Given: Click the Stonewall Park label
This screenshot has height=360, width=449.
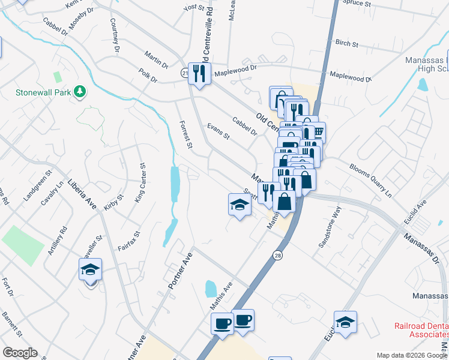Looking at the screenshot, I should pyautogui.click(x=43, y=93).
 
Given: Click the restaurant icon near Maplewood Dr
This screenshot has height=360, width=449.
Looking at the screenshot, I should pyautogui.click(x=198, y=74).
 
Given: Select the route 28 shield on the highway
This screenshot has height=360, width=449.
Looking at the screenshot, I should pyautogui.click(x=278, y=255).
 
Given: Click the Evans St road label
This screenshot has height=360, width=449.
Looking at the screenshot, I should pyautogui.click(x=218, y=131).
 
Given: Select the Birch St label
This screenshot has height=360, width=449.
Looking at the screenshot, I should pyautogui.click(x=347, y=44).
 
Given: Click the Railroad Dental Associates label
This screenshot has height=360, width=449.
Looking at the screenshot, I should pyautogui.click(x=420, y=330).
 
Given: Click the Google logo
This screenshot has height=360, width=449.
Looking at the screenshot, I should pyautogui.click(x=20, y=353).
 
